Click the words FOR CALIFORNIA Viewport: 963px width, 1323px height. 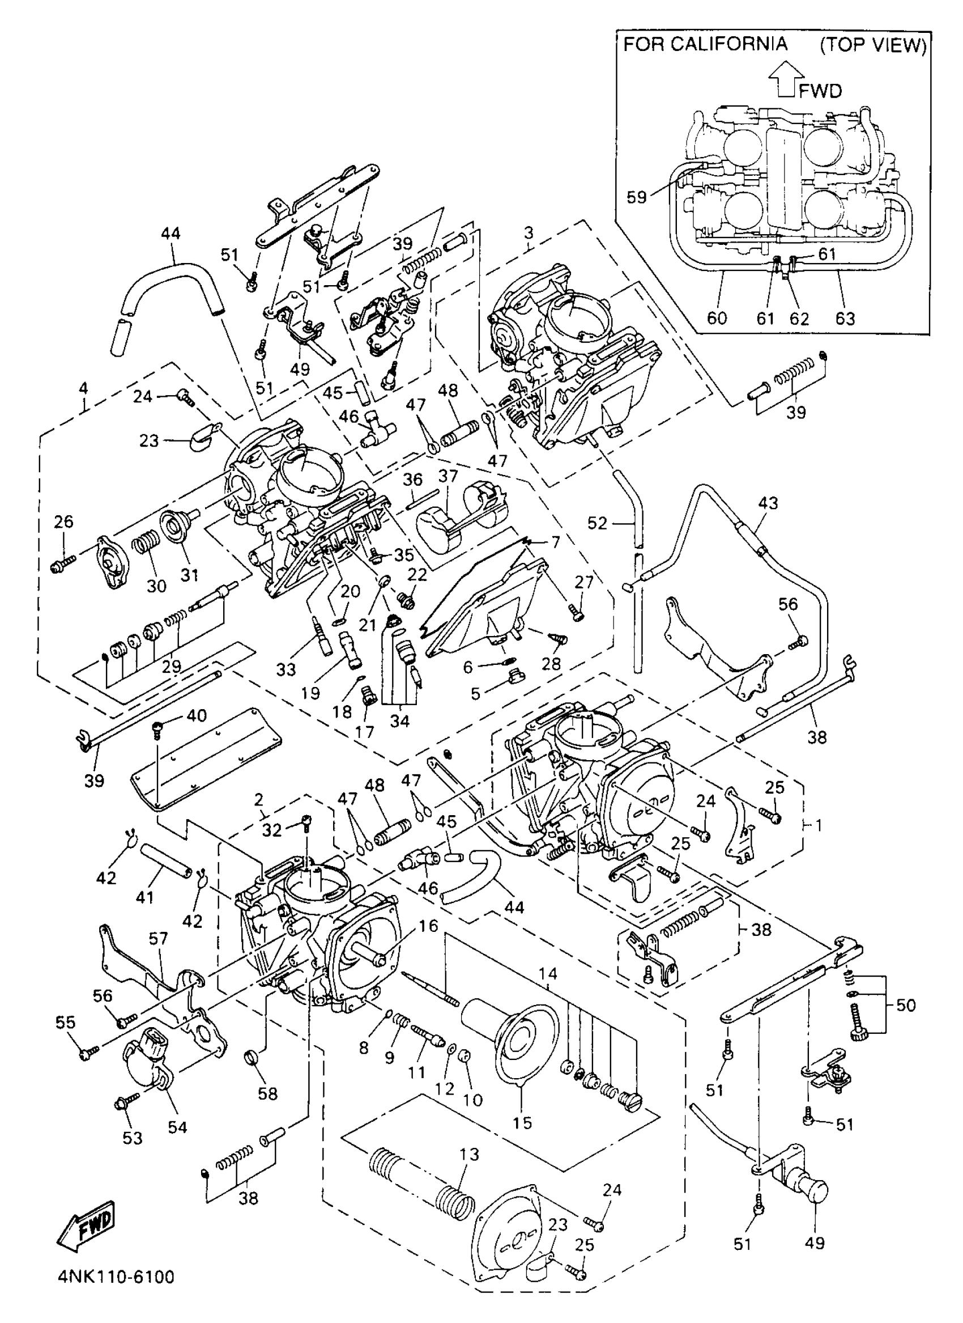point(706,45)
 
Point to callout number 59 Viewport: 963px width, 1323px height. point(637,197)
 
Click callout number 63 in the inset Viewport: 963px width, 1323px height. point(845,318)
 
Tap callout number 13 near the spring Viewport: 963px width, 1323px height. point(468,1155)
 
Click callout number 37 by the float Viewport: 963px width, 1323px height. point(448,477)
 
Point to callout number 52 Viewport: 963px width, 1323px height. point(597,523)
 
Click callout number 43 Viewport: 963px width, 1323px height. point(768,503)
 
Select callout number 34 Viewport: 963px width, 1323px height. point(400,721)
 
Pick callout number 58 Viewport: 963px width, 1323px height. point(267,1093)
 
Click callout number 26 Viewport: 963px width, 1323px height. point(63,521)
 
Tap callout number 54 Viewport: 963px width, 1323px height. point(177,1127)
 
